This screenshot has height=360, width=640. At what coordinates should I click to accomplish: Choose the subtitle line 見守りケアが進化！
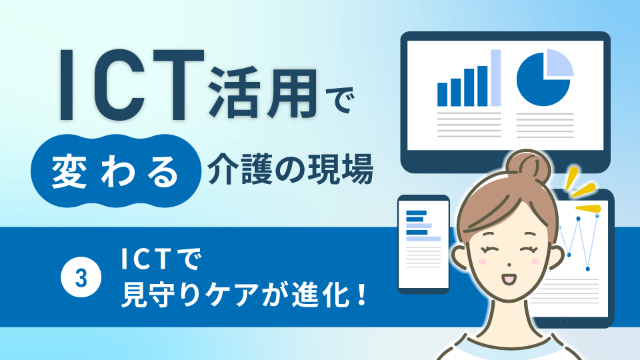coord(244,294)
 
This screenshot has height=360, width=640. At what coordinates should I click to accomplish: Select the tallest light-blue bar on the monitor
coord(495,79)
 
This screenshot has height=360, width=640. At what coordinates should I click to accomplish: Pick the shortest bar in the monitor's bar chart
coord(441,94)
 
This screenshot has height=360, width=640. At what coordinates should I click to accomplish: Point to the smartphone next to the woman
coord(423,244)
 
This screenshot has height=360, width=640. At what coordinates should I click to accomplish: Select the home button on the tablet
coord(564,322)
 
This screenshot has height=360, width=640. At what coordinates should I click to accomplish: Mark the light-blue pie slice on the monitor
coord(559,64)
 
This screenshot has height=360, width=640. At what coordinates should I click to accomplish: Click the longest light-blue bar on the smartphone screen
coord(423,238)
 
